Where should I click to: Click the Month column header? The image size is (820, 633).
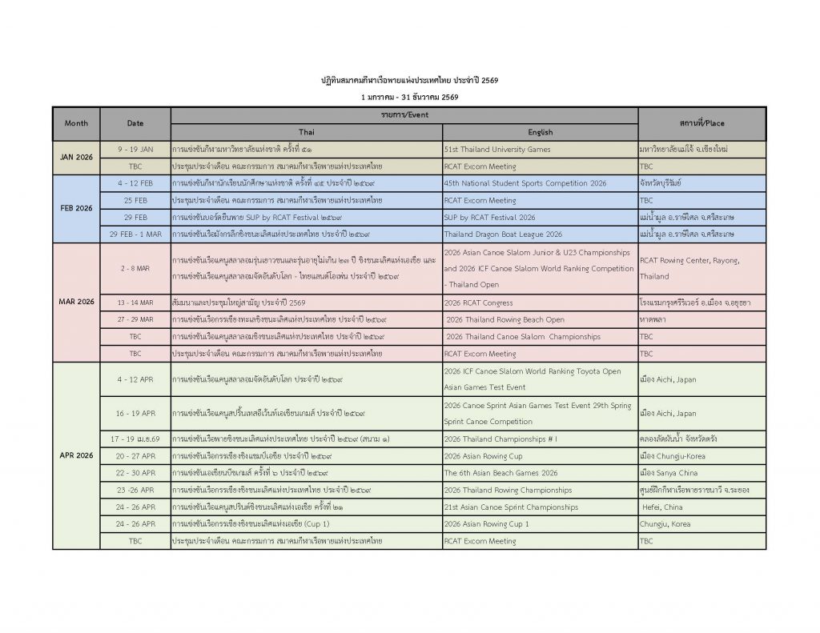(77, 123)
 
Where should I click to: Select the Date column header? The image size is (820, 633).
(135, 123)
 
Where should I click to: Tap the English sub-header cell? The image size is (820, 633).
(540, 132)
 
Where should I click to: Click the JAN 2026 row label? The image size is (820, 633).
(77, 158)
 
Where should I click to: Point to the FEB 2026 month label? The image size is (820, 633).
(77, 208)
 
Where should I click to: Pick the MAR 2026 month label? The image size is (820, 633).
(77, 302)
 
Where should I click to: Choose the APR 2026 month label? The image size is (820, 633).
(77, 455)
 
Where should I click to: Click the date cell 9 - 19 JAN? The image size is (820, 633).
(135, 150)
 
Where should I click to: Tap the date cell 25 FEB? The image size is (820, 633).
(135, 200)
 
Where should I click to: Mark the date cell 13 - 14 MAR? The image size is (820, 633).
(135, 302)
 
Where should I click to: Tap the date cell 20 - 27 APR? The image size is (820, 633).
(135, 456)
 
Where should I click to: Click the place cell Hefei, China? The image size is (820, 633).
(662, 507)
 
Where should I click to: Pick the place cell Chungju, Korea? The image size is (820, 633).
(665, 524)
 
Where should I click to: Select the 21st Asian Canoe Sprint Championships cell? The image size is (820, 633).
(511, 507)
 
